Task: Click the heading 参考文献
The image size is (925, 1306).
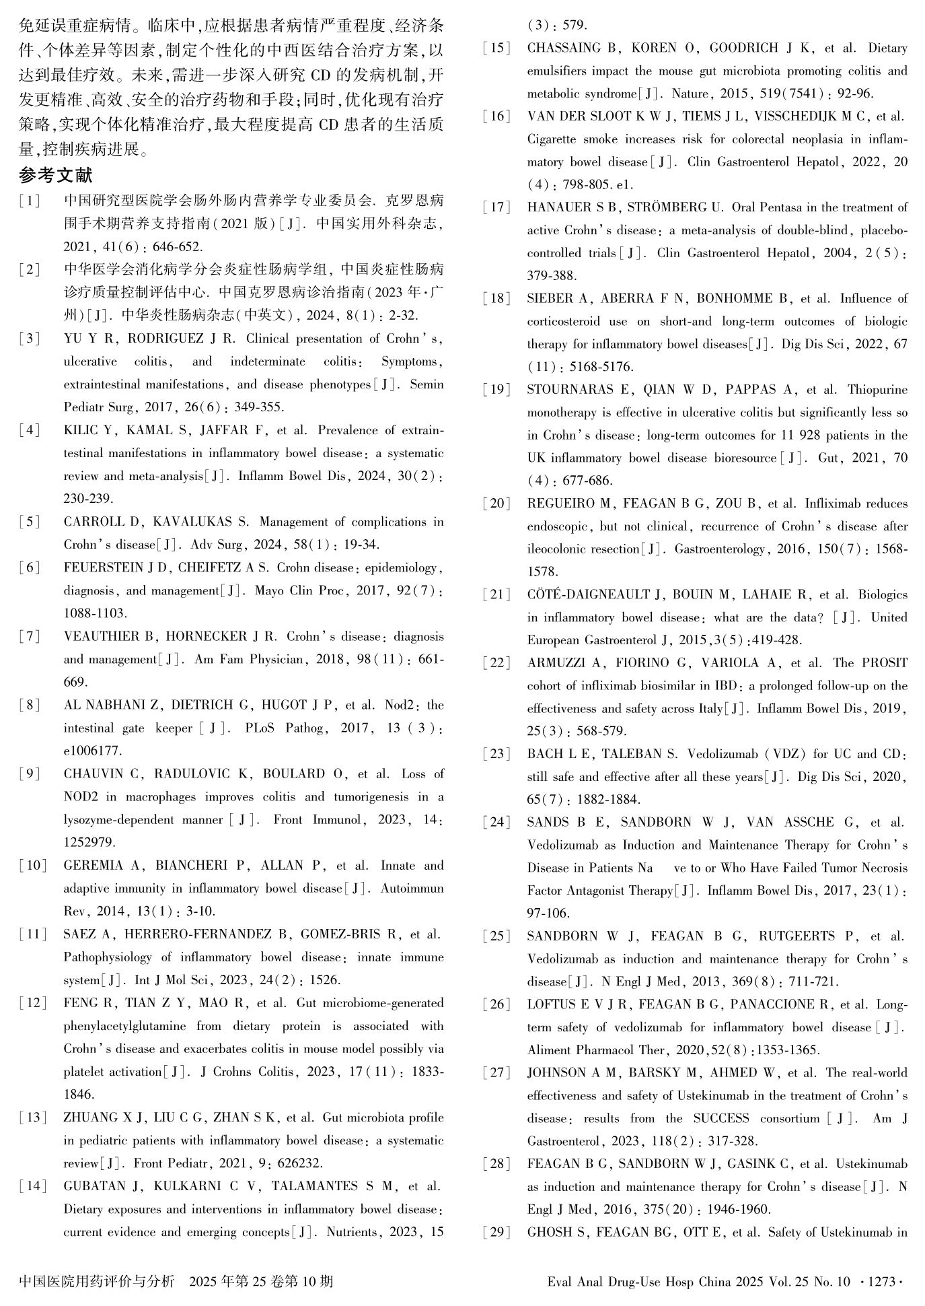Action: [56, 176]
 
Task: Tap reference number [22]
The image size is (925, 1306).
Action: [496, 663]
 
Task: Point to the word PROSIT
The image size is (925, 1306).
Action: [880, 663]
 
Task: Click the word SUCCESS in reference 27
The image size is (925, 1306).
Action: [721, 1118]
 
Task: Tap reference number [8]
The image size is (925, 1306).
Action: [30, 705]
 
